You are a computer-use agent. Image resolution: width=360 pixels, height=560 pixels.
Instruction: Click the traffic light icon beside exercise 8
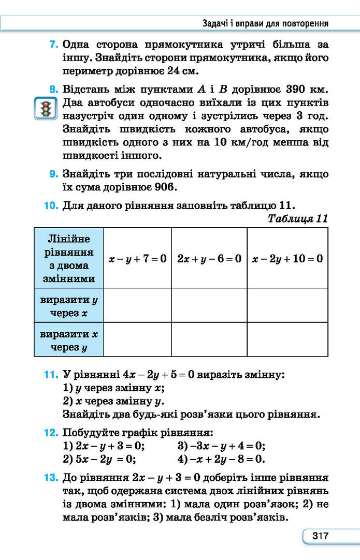point(45,108)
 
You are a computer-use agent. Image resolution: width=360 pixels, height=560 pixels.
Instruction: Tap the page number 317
point(320,536)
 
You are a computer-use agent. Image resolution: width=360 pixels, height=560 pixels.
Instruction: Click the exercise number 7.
point(53,45)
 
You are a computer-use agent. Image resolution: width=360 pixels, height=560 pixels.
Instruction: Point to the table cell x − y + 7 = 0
point(137,258)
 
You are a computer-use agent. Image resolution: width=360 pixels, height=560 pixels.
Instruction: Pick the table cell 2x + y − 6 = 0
point(209,258)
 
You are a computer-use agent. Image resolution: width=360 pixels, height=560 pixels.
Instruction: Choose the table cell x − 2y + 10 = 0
point(287,258)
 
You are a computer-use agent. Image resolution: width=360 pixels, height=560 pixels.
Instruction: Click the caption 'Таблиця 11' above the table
point(297,218)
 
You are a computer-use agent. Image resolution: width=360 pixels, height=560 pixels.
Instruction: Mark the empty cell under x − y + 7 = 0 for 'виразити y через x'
point(137,305)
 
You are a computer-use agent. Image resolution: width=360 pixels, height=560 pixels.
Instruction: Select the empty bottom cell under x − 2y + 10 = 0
point(287,340)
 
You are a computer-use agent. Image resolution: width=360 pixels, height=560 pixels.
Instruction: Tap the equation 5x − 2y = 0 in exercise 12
point(106,459)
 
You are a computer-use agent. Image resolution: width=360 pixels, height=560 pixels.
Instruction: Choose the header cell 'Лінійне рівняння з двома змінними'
point(69,258)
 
